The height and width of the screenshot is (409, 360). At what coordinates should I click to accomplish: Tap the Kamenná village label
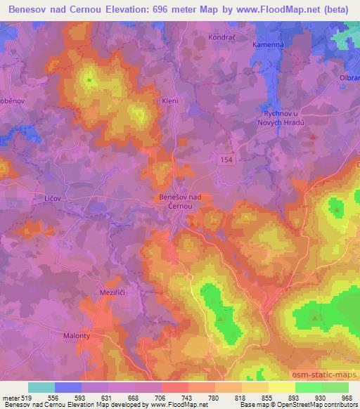(x=268, y=43)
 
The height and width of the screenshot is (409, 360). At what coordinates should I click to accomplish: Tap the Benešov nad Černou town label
(x=179, y=202)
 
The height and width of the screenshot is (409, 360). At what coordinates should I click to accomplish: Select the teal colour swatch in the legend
(x=41, y=387)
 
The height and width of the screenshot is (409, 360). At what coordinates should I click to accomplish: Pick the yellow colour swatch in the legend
(x=282, y=387)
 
